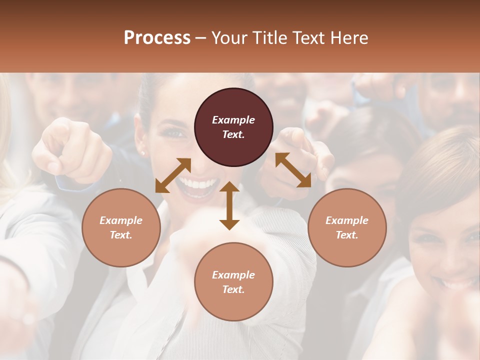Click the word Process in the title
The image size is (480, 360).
pos(157,38)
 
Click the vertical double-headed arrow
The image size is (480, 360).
pos(229,205)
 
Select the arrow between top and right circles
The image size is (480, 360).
pos(293,170)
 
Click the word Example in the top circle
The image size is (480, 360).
pos(233,120)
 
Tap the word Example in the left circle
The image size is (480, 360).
pos(121,220)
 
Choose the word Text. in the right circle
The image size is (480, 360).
pos(347,235)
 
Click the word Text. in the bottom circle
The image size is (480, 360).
pos(233,289)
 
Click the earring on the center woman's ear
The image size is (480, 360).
pos(143,153)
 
